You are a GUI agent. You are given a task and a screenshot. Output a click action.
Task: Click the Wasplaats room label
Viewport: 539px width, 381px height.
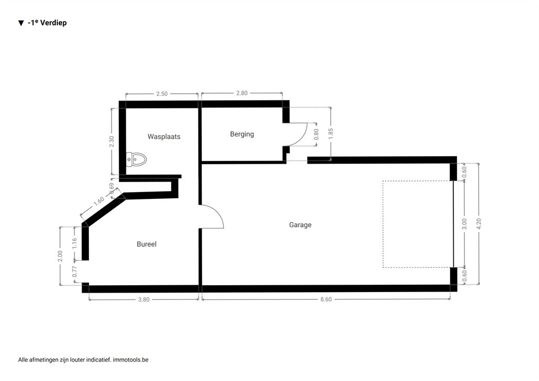point(164,136)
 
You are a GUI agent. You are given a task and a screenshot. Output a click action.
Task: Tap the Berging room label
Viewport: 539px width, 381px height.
point(242,134)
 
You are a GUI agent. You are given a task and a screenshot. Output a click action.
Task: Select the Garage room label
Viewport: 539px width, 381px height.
point(300,225)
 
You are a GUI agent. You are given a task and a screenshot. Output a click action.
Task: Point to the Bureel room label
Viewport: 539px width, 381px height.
point(146,244)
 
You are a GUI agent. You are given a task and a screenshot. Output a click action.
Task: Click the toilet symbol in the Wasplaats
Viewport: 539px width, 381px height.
point(136,159)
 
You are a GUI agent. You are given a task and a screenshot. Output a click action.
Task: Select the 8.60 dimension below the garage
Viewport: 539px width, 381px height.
point(326,299)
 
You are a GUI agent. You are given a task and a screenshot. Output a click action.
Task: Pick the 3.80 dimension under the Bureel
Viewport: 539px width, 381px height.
point(144,299)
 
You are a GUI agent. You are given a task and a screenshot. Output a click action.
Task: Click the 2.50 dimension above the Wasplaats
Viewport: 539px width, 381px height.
point(162,94)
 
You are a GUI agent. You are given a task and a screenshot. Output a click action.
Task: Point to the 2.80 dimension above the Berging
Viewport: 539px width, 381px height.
point(242,93)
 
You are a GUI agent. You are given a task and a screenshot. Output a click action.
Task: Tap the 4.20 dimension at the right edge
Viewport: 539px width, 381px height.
point(479,224)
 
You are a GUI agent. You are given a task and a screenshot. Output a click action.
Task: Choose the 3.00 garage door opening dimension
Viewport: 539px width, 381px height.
point(464,224)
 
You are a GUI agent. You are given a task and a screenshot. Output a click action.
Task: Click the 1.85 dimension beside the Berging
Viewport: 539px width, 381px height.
point(331,134)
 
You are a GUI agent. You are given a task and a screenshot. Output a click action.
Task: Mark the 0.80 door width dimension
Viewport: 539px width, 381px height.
point(316,134)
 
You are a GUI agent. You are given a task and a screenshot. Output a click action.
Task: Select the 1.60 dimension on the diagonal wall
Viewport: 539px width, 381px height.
point(99,201)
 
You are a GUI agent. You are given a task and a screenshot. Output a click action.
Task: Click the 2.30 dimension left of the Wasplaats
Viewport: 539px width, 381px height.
point(112,142)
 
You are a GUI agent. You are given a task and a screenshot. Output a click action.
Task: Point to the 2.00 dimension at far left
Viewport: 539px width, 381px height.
point(60,256)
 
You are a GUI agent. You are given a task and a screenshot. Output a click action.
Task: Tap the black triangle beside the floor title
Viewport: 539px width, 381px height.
point(21,23)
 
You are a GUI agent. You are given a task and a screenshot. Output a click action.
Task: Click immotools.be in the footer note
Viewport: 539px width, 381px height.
point(131,360)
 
